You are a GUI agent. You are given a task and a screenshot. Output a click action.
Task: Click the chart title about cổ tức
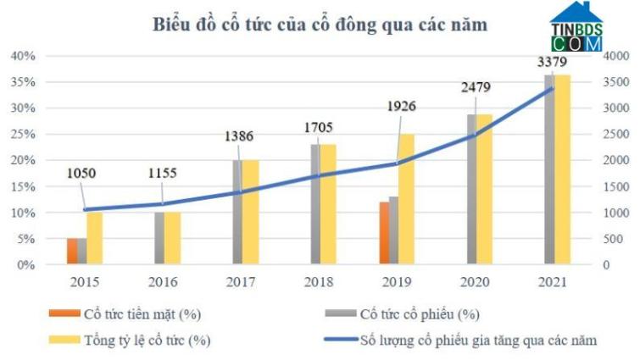click(x=320, y=25)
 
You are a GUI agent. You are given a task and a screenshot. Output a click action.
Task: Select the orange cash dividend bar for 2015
click(x=73, y=251)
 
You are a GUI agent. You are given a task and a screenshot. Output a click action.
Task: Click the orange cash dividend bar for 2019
click(x=384, y=233)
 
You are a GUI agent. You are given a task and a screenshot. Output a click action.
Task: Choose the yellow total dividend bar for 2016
click(x=172, y=238)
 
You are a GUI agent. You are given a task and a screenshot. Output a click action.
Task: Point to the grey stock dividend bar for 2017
click(x=238, y=212)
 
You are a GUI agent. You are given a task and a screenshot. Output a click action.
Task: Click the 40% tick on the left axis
click(x=22, y=56)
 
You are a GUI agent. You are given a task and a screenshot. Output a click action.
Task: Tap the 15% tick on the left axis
click(x=22, y=186)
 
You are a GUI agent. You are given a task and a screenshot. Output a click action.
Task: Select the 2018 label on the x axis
click(x=318, y=280)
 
